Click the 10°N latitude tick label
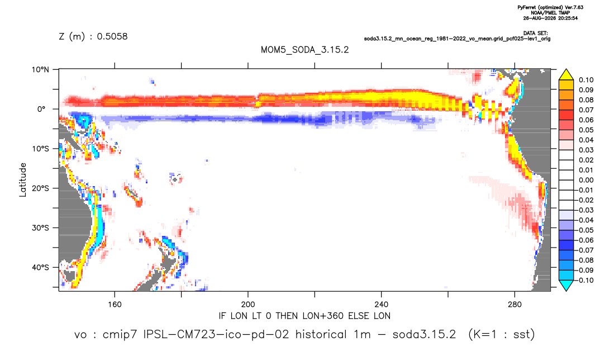40,70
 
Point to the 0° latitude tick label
41,109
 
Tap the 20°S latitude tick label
40,188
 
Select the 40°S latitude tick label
40,267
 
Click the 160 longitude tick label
115,305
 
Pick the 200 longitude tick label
248,305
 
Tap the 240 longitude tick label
382,305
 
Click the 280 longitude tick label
515,305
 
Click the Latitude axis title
23,180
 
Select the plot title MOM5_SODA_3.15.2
304,50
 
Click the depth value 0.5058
112,36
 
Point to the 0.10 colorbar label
586,80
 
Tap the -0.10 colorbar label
585,280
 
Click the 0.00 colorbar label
586,180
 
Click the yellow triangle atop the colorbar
566,75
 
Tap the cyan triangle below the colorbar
566,285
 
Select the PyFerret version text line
550,7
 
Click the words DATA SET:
535,34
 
